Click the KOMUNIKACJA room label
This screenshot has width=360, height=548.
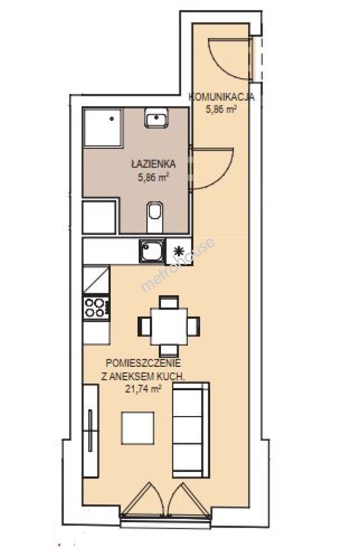222,97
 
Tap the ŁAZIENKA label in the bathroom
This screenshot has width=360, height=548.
153,163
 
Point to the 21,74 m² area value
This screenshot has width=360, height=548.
143,389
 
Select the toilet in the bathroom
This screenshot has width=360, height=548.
155,217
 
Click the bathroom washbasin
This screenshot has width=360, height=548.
156,118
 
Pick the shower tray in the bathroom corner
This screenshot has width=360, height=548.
103,127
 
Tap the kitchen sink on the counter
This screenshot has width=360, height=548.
151,251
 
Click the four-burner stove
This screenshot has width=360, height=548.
96,307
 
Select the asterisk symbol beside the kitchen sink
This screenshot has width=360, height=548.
179,251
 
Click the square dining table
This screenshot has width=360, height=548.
169,326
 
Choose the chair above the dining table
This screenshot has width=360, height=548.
169,302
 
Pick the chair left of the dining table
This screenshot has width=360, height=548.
145,326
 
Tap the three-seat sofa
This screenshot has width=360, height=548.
191,430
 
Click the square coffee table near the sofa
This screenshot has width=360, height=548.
138,428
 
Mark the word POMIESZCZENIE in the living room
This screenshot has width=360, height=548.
143,363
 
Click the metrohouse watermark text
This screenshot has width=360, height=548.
177,265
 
